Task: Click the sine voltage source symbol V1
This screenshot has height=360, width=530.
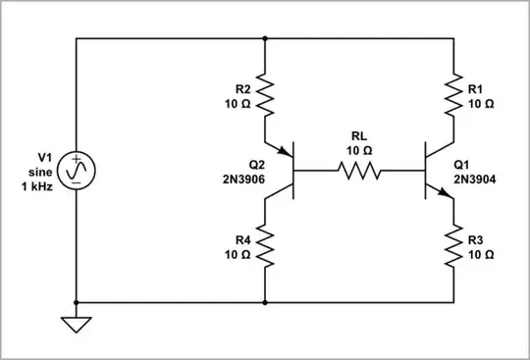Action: [x=76, y=171]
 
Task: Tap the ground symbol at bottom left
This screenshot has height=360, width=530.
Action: [x=76, y=323]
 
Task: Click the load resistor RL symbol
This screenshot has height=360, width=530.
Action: [x=359, y=171]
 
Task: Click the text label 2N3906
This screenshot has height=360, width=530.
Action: [x=237, y=180]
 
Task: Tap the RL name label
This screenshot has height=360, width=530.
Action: [x=359, y=137]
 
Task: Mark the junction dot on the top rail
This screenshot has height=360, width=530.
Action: [x=266, y=39]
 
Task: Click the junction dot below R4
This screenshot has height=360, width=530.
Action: [x=266, y=302]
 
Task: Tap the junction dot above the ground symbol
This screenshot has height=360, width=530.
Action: [x=76, y=302]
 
